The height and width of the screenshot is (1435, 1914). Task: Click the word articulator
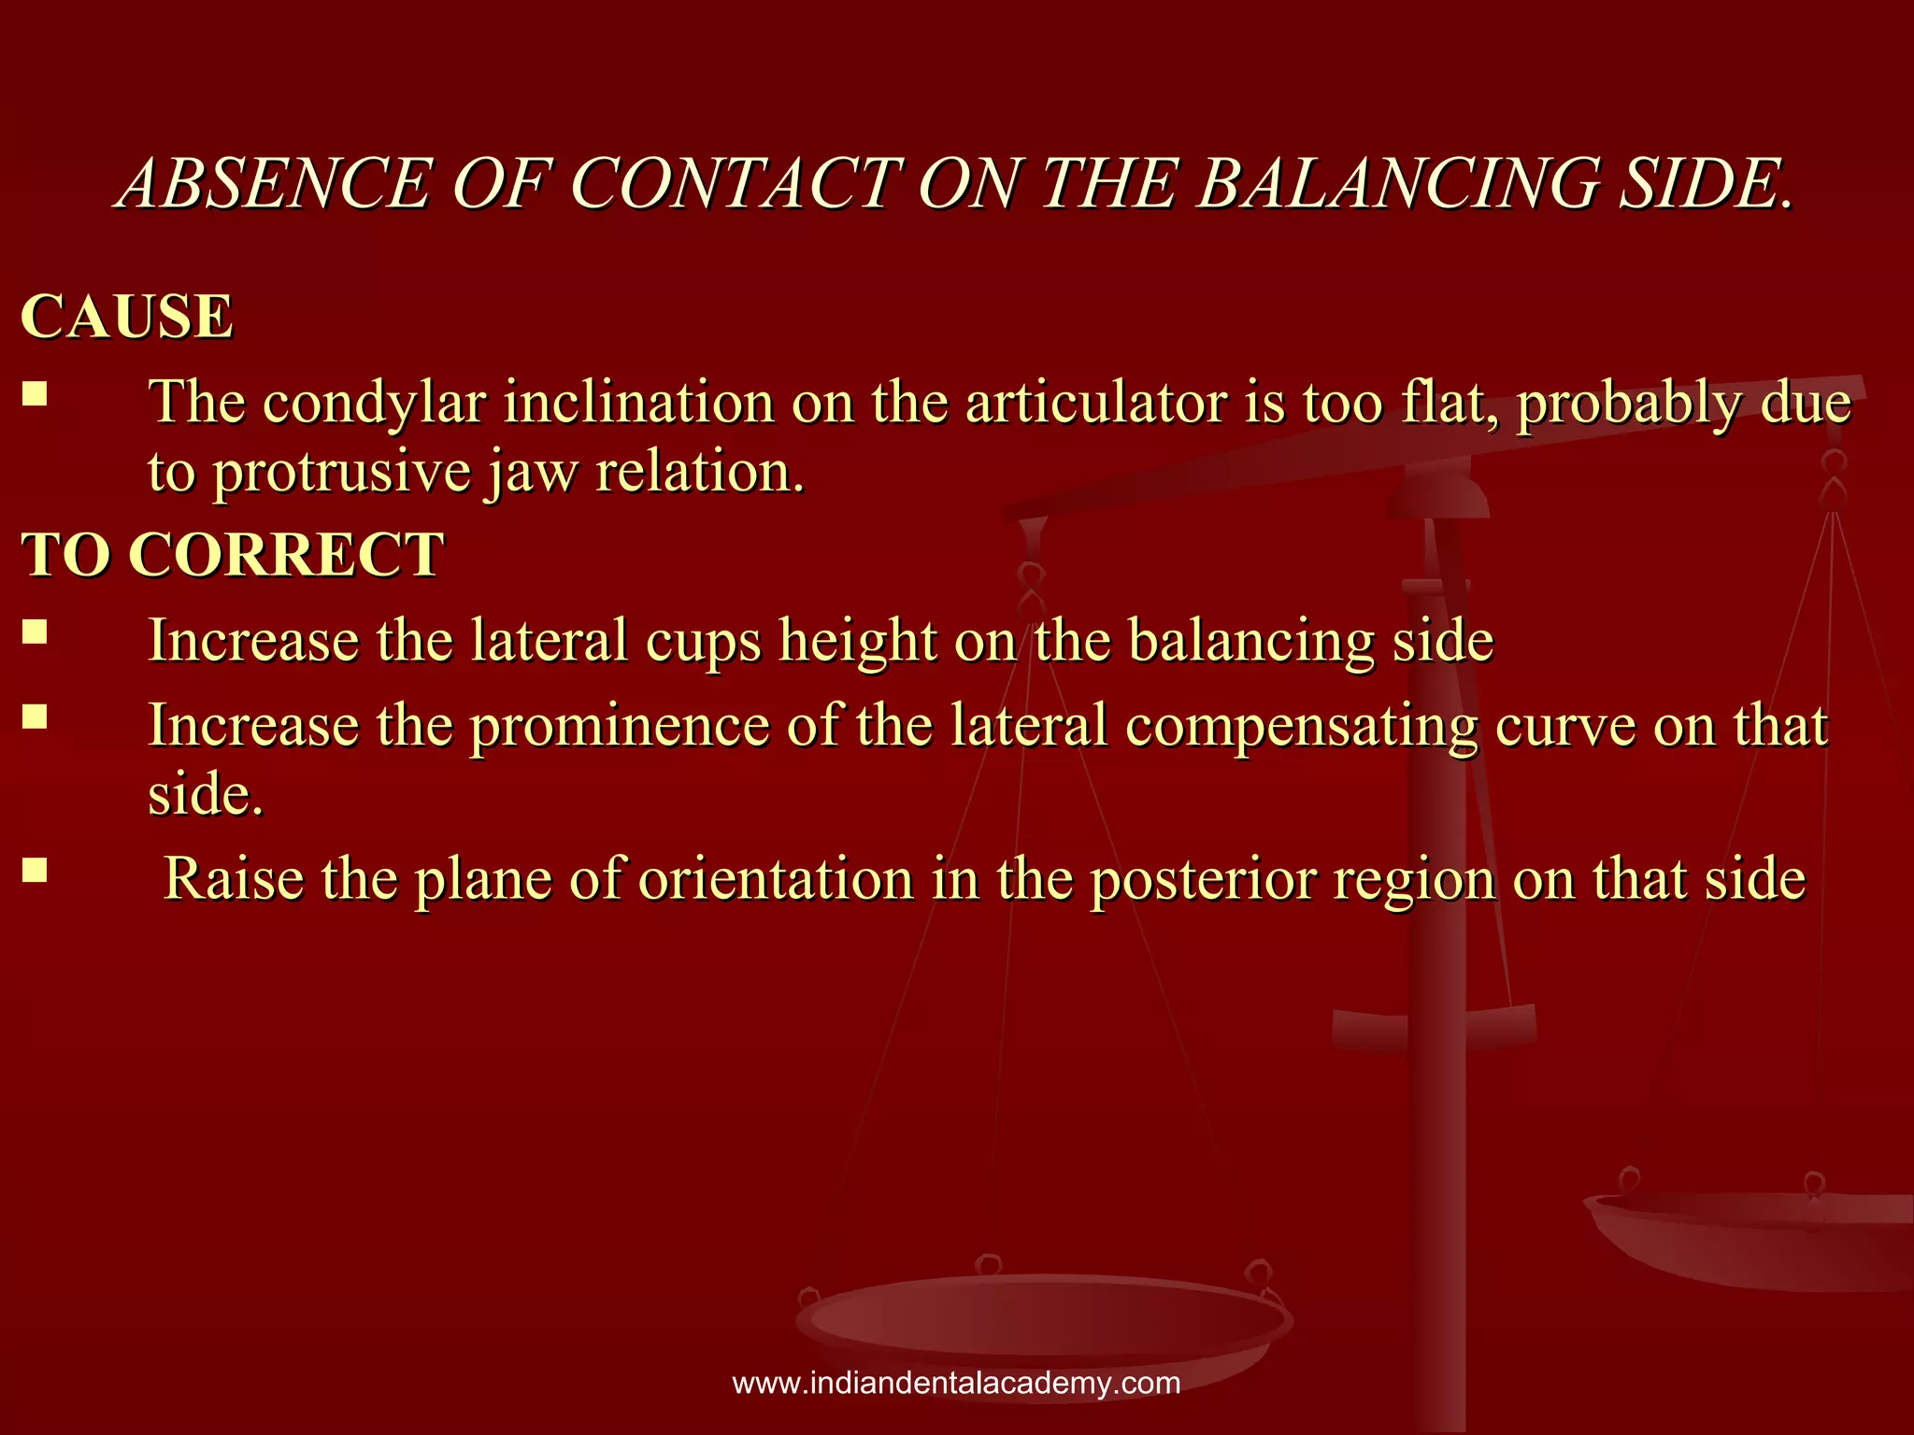click(x=1094, y=404)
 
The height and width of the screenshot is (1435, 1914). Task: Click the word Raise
click(x=234, y=879)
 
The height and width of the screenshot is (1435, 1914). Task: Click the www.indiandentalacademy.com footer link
click(x=956, y=1383)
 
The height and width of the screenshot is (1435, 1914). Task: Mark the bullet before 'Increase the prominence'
click(x=35, y=717)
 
